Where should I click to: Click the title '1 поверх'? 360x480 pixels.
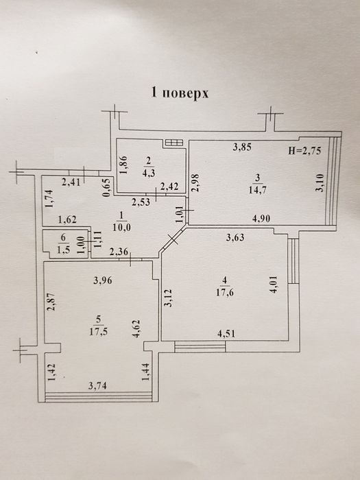tap(180, 93)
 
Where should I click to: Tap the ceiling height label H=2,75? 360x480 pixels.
tap(304, 151)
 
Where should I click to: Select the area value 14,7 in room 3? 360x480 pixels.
tap(257, 190)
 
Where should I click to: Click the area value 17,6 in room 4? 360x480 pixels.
tap(225, 292)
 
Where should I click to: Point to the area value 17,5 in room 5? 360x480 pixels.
tap(98, 332)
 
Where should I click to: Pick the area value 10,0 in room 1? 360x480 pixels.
tap(122, 228)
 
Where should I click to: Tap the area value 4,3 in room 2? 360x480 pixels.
tap(149, 173)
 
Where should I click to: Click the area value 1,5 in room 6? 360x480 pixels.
tap(63, 249)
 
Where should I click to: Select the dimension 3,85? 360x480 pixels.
tap(242, 147)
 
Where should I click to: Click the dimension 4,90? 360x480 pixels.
tap(261, 219)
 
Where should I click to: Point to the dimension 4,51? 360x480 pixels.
tap(226, 333)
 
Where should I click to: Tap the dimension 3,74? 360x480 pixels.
tap(97, 385)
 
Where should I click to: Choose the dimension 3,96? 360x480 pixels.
tap(103, 280)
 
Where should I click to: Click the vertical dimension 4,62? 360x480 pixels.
tap(136, 328)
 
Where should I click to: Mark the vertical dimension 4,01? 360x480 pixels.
tap(274, 285)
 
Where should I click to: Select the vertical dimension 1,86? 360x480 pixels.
tap(124, 165)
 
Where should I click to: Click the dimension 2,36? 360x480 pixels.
tap(119, 252)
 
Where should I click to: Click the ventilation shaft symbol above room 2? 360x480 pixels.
tap(174, 143)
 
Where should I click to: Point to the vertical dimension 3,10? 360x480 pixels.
tap(320, 182)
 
